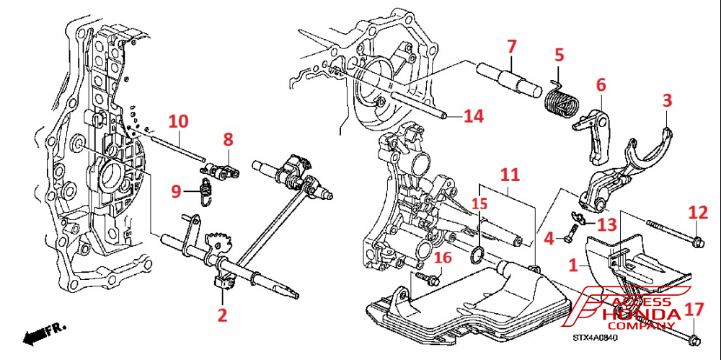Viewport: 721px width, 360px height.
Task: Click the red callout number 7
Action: pos(511,46)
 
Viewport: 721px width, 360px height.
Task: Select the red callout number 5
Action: pos(558,55)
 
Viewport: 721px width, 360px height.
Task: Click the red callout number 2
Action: pos(222,315)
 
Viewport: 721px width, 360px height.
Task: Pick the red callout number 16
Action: pos(442,259)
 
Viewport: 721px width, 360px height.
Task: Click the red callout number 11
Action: pos(509,175)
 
